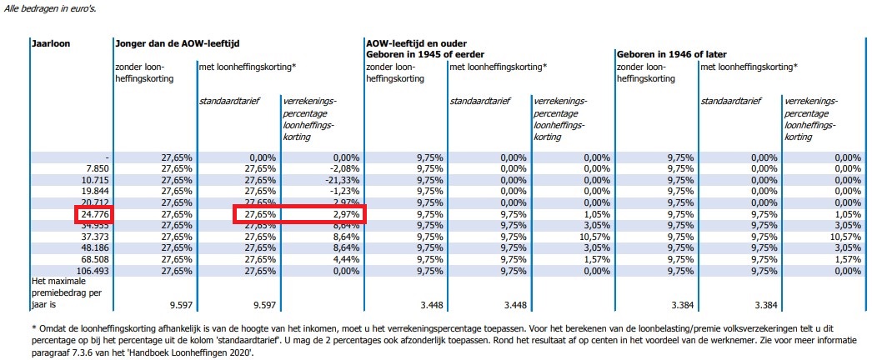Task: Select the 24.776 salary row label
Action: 93,215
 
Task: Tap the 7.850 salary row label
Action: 96,168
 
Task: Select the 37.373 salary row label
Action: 93,237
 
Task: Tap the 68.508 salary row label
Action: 93,260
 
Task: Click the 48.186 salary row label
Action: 93,249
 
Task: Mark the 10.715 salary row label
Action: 93,180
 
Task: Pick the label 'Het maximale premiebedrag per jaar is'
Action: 67,293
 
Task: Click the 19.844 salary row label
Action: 93,192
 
